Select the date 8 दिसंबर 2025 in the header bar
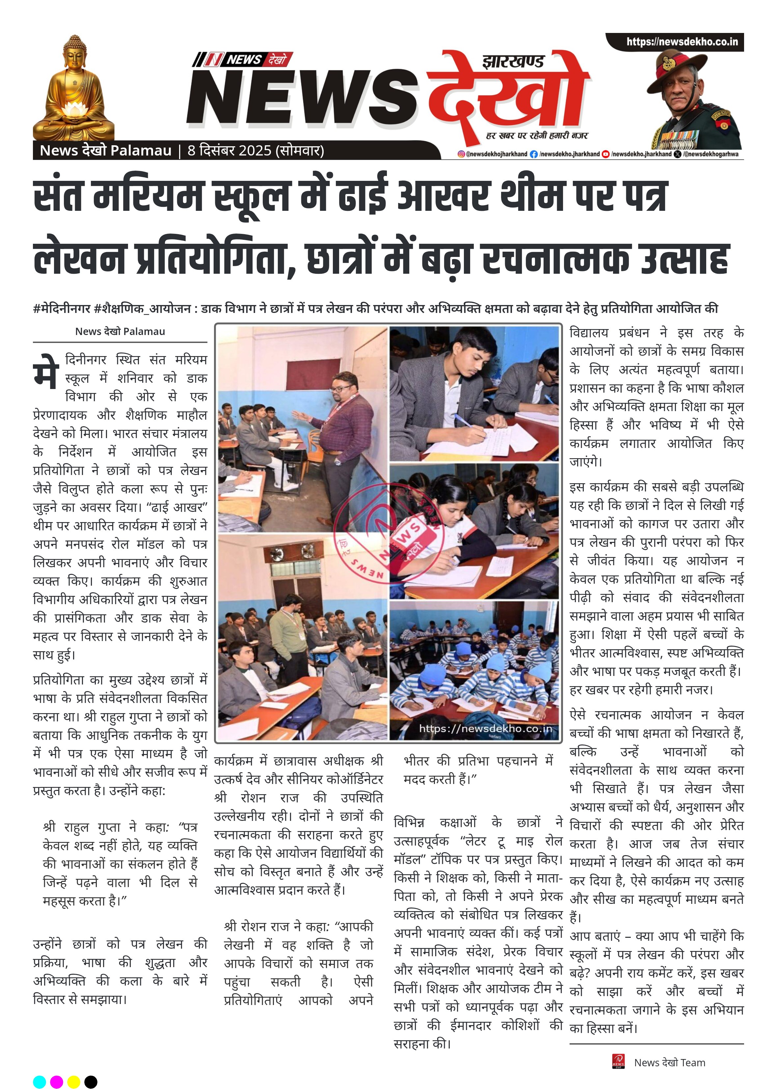(x=229, y=151)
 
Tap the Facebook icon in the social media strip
(x=534, y=154)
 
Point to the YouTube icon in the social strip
(x=606, y=154)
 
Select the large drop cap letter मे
(x=46, y=372)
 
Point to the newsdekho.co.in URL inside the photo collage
(x=485, y=729)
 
